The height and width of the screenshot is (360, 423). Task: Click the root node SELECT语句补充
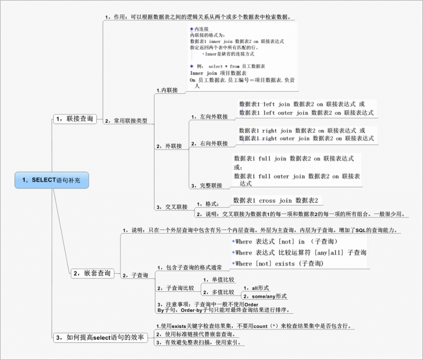click(52, 180)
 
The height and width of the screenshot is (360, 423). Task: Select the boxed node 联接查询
click(74, 119)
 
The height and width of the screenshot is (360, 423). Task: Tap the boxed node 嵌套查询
click(92, 273)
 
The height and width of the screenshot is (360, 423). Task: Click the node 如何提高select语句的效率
click(100, 338)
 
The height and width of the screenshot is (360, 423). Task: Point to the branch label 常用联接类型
click(126, 121)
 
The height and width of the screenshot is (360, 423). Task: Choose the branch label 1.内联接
click(167, 90)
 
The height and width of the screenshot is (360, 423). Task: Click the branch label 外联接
click(169, 146)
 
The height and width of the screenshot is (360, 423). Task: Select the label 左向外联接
click(209, 117)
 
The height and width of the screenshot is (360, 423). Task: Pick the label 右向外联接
click(209, 144)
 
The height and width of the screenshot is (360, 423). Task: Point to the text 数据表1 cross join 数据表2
click(276, 201)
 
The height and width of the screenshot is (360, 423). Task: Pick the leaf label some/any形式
click(265, 296)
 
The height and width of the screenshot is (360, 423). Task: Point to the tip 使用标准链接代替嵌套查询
click(196, 334)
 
